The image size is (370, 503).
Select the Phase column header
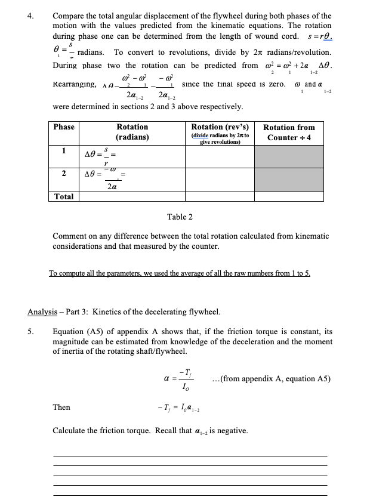point(64,127)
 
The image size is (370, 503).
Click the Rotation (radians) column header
point(132,132)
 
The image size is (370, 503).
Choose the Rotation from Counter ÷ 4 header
point(289,132)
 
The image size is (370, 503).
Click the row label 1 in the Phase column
point(64,150)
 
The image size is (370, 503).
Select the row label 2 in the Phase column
point(64,173)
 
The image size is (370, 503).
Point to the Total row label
point(64,196)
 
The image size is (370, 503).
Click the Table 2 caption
point(180,217)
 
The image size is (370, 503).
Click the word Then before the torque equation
point(61,407)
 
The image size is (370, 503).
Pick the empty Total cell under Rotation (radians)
point(132,196)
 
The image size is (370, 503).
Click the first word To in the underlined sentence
point(53,273)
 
